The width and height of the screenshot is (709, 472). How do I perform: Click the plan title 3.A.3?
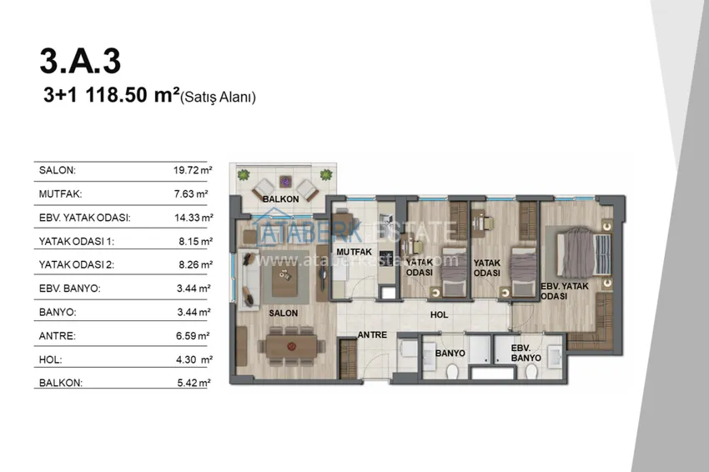(x=80, y=61)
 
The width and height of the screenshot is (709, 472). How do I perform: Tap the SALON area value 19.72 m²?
(x=193, y=170)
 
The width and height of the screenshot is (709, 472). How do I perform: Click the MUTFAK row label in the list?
(x=60, y=194)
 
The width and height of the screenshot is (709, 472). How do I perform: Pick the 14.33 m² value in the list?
(x=194, y=218)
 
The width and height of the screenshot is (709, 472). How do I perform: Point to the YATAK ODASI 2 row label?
(x=77, y=264)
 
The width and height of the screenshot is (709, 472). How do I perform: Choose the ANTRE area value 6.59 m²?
(x=193, y=335)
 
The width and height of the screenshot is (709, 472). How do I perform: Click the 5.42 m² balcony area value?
(x=194, y=383)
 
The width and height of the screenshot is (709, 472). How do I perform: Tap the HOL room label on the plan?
(x=439, y=314)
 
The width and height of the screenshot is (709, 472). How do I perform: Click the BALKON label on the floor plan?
(x=281, y=199)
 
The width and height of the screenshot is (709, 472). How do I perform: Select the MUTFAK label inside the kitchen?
(x=354, y=252)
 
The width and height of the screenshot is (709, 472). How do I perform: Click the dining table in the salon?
(x=291, y=347)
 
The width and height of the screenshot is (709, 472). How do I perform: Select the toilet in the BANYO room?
(x=452, y=372)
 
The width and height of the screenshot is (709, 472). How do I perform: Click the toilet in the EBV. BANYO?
(x=531, y=372)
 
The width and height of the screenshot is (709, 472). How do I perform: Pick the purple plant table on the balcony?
(x=285, y=182)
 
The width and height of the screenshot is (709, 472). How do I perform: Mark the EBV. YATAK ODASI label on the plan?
(x=565, y=291)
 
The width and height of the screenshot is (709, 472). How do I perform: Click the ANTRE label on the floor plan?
(x=372, y=335)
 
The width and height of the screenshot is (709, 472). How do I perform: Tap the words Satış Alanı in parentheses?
(x=218, y=98)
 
